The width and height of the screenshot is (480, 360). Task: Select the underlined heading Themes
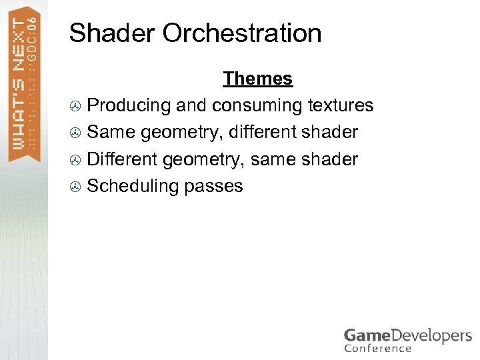(x=258, y=79)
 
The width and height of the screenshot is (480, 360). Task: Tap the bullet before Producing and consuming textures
(x=75, y=106)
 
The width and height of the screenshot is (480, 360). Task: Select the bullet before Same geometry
(x=75, y=133)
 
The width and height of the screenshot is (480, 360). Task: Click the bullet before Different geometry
(x=75, y=160)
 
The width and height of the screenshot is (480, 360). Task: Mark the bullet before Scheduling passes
(x=75, y=187)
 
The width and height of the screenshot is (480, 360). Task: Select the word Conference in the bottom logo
(x=378, y=348)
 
